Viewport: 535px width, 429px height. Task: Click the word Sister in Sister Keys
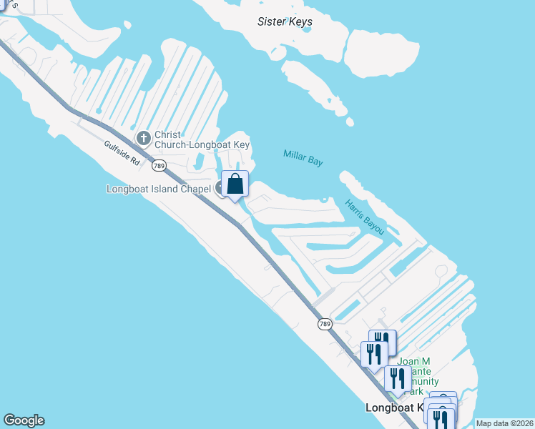coord(272,21)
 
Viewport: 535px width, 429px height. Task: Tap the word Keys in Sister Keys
coord(300,21)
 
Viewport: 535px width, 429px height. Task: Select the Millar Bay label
coord(303,158)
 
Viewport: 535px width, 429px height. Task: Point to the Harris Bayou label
coord(365,217)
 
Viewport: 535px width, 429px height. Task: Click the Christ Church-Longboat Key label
coord(202,139)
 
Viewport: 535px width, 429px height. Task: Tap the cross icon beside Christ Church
coord(143,137)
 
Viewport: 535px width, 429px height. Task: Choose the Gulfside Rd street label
coord(122,153)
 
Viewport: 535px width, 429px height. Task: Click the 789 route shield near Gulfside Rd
coord(159,166)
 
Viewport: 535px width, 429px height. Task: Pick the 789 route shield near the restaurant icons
coord(325,324)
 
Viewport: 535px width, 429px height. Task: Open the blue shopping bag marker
coord(235,185)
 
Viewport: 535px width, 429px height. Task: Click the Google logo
coord(24,420)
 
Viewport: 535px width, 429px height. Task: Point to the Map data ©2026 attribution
coord(504,423)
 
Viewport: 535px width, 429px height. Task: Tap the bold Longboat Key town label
coord(395,408)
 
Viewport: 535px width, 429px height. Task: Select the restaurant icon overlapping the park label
coord(398,378)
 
